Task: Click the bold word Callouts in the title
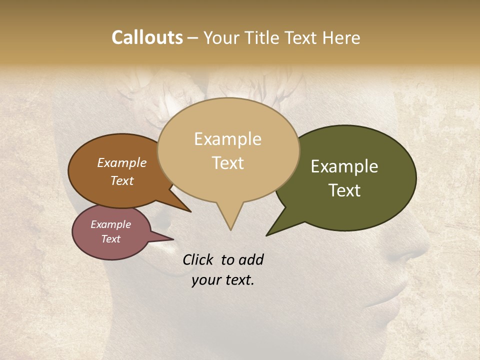(x=147, y=37)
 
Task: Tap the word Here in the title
(x=341, y=37)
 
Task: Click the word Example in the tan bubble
(x=227, y=139)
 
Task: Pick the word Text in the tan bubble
(x=227, y=163)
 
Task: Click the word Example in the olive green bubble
(x=344, y=166)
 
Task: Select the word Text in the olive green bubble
(x=344, y=190)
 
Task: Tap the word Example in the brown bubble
(x=122, y=163)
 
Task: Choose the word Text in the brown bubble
(x=122, y=180)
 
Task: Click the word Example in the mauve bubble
(x=110, y=224)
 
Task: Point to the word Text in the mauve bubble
(x=110, y=239)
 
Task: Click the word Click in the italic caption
(x=199, y=259)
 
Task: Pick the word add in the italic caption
(x=251, y=259)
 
